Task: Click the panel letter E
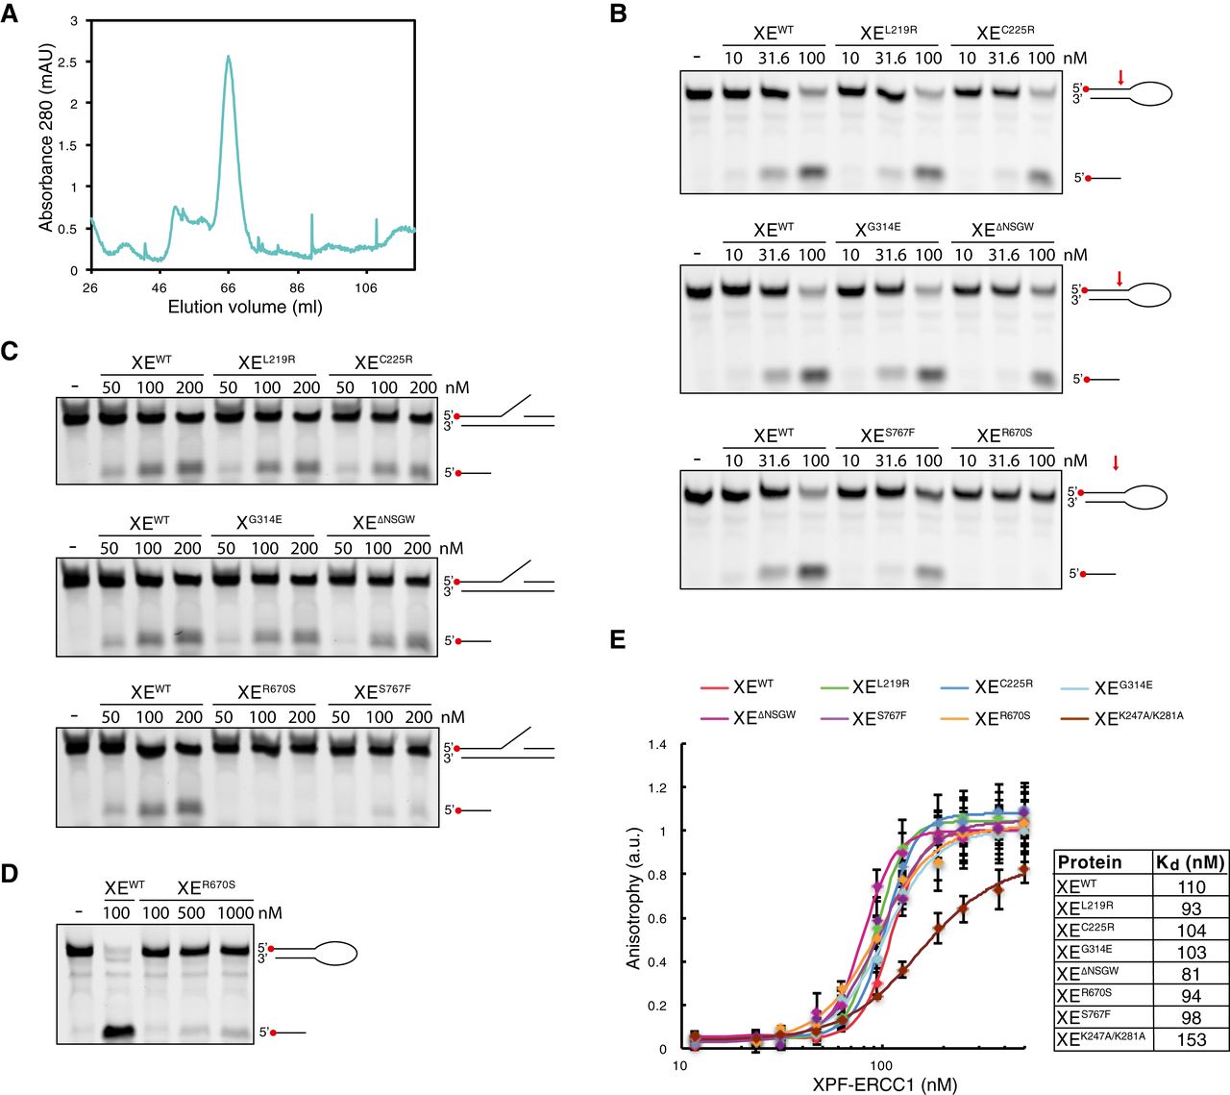point(618,640)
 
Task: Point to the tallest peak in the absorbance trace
point(228,57)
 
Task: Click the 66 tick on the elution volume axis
point(228,288)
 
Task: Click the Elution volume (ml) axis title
point(245,308)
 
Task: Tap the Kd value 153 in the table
point(1191,1039)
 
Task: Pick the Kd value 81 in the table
point(1191,974)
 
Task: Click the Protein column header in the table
point(1089,862)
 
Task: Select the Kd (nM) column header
point(1191,862)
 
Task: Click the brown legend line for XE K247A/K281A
point(1074,717)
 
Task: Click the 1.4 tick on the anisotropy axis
point(657,745)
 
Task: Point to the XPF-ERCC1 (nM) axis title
point(884,1084)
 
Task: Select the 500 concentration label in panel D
point(191,912)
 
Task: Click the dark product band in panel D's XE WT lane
point(117,1033)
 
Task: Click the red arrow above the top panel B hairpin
point(1119,77)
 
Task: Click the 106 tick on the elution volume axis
point(366,288)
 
